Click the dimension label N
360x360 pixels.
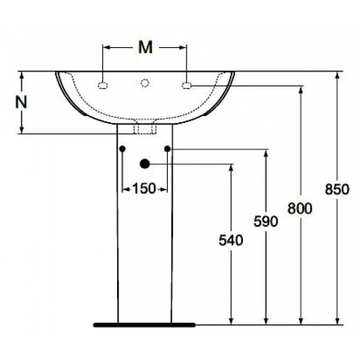click(x=22, y=102)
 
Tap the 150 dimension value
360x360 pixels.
click(x=145, y=189)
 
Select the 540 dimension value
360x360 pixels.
click(x=230, y=240)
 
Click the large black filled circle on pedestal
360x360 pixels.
click(x=145, y=164)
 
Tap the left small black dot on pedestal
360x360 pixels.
click(x=122, y=149)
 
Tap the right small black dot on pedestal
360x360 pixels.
click(x=167, y=149)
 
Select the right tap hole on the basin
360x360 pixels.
click(x=187, y=84)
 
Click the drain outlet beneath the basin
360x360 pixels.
click(x=145, y=128)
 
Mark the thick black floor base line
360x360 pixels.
click(x=145, y=323)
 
